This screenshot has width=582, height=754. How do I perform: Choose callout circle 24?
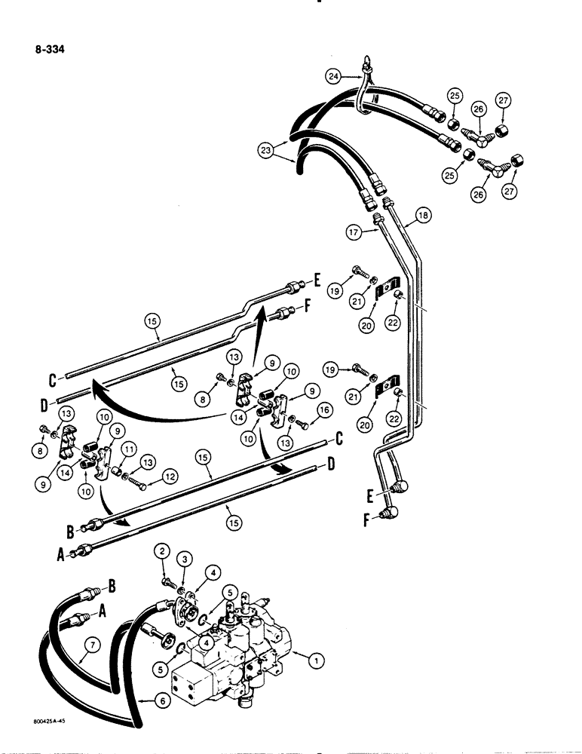coord(334,75)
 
